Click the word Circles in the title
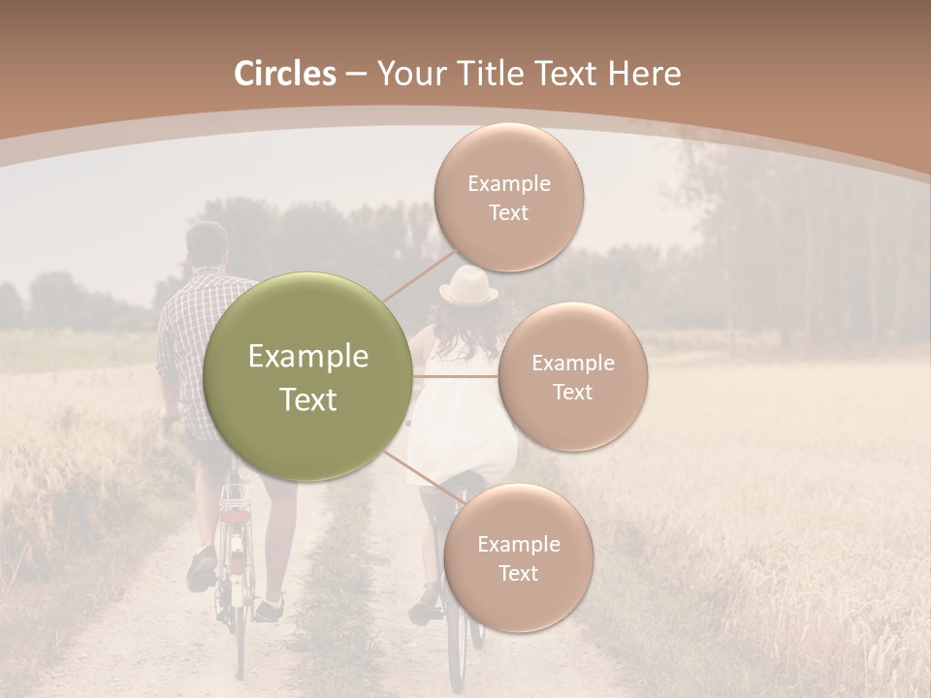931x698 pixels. [x=284, y=74]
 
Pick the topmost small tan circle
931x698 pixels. [x=508, y=197]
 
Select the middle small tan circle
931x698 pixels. [x=572, y=376]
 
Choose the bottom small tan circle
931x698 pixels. [x=518, y=557]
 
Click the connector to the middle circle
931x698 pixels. [x=456, y=376]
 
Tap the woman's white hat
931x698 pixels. [x=468, y=286]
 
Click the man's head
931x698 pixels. [x=207, y=245]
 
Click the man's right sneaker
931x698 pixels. [x=269, y=610]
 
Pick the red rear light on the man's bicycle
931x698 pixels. [x=236, y=516]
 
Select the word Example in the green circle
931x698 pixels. [x=308, y=357]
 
